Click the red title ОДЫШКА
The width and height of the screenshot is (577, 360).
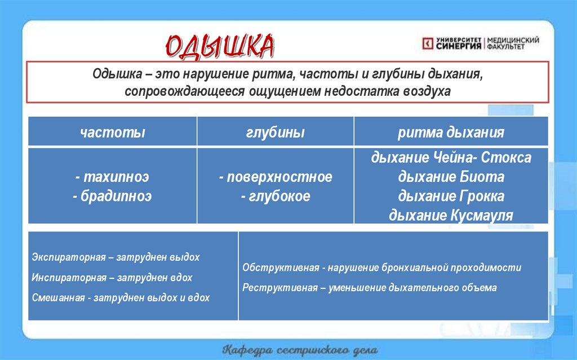point(220,47)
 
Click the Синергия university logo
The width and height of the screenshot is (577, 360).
point(480,43)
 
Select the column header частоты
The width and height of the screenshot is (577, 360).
point(113,132)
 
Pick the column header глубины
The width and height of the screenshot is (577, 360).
point(276,132)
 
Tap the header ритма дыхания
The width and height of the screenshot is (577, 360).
point(451,132)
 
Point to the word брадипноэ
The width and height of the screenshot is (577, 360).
point(116,196)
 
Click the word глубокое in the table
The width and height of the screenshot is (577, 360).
point(279,196)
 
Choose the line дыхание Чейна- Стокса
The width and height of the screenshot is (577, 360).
point(451,158)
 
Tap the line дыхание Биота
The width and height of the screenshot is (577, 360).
point(451,177)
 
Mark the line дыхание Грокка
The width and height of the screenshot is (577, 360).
point(451,196)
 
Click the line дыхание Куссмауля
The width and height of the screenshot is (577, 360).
point(451,215)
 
